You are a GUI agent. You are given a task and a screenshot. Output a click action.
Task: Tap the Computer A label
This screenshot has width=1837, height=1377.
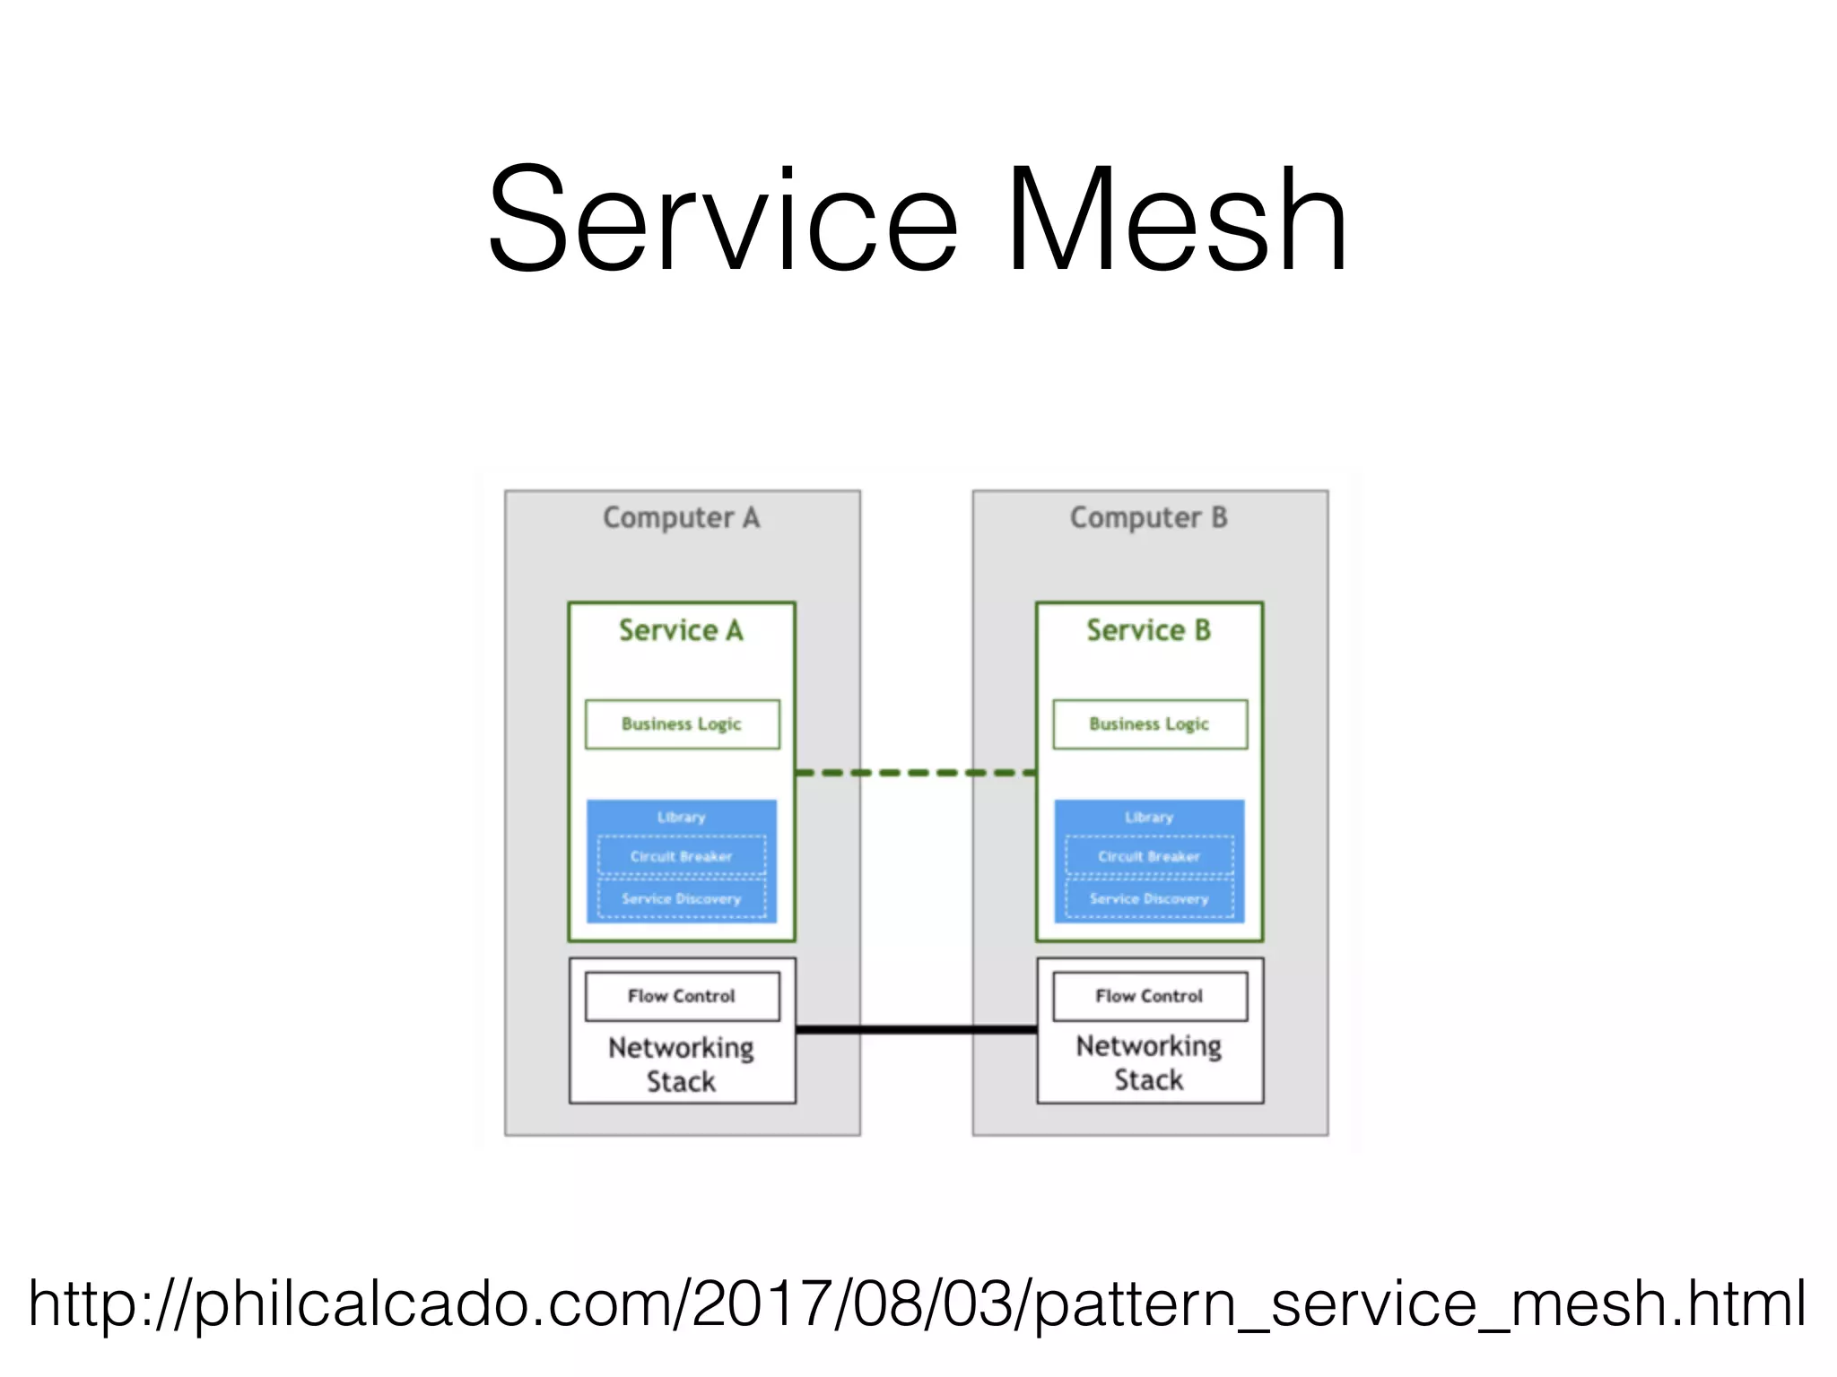[681, 517]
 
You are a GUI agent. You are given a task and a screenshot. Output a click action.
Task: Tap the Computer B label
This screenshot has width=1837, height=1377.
[1148, 517]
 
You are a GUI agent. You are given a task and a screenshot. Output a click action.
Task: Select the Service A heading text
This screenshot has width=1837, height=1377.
[681, 630]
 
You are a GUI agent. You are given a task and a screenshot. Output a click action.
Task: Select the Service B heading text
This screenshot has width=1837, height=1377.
[1148, 630]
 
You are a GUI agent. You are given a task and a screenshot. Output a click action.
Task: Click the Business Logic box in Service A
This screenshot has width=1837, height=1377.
[682, 724]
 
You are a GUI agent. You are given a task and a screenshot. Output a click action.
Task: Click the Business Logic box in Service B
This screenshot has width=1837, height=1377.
[1149, 724]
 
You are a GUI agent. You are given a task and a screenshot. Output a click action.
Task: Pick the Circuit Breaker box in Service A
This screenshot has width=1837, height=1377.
[682, 856]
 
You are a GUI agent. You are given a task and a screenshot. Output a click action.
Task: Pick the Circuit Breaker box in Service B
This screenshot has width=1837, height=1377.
[1149, 856]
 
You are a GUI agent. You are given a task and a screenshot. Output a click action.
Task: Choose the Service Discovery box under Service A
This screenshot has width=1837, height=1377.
[682, 898]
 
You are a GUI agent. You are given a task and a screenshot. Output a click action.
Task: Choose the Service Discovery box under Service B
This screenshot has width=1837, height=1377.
[1149, 898]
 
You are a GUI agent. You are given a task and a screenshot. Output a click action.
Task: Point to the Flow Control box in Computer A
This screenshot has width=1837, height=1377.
[682, 996]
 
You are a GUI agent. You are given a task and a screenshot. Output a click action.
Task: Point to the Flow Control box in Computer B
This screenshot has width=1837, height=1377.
[1149, 996]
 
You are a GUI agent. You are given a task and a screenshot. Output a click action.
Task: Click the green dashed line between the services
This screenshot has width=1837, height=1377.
[915, 772]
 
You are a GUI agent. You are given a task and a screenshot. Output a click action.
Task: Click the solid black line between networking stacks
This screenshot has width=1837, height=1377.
[915, 1029]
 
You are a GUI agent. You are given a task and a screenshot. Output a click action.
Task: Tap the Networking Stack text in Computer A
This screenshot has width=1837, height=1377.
[681, 1064]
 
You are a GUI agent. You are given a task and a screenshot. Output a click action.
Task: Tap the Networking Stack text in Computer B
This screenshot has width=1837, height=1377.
[1148, 1062]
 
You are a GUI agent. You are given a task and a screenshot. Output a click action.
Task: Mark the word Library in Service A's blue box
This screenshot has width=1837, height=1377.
[681, 817]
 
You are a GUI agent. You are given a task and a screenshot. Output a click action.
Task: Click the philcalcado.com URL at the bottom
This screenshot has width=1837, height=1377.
[917, 1303]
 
